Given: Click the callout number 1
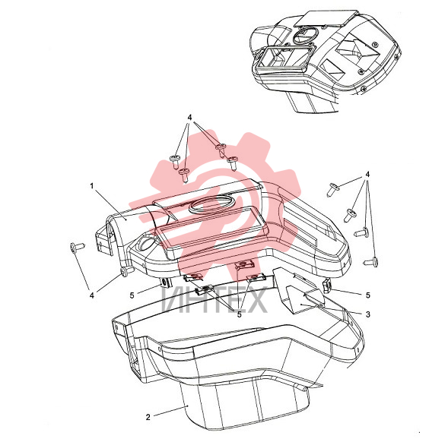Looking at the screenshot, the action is [92, 186].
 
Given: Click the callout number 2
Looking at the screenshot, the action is [148, 417].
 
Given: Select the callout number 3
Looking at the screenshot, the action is [368, 314].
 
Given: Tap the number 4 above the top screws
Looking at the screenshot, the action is [189, 118].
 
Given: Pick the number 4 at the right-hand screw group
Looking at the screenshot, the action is [367, 175].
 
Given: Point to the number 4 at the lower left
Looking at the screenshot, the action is [92, 295].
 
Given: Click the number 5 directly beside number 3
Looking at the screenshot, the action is [368, 295].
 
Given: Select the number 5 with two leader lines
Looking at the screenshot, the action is [240, 314].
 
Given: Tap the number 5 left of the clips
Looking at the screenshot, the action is [132, 295].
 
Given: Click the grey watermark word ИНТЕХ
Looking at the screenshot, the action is [214, 300].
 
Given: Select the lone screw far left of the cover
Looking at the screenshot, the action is [78, 247].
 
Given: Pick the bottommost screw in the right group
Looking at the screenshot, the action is [370, 262].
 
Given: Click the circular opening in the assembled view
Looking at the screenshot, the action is [306, 35].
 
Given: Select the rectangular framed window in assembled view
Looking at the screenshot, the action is [284, 60].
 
